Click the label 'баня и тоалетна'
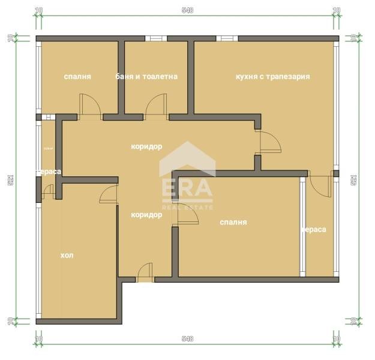pos(146,77)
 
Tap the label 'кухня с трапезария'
pos(273,77)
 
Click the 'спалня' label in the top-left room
pos(77,77)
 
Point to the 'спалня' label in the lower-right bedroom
pos(233,222)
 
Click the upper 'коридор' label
pos(146,146)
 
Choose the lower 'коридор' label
pos(146,214)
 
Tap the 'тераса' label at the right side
pos(314,229)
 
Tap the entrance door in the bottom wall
pos(145,274)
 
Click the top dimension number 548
pos(187,10)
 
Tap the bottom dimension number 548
pos(187,339)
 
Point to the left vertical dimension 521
pos(10,179)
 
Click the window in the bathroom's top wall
pos(155,39)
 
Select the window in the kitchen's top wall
pos(227,39)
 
